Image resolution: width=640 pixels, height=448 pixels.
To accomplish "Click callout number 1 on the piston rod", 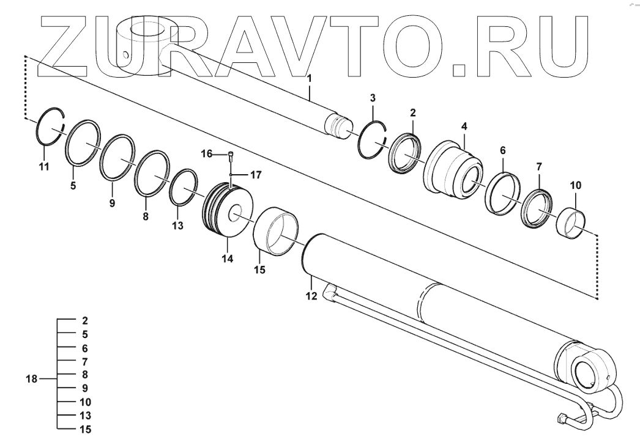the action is coord(310,78).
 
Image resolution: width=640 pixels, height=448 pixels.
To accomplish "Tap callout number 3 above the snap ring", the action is coord(373,98).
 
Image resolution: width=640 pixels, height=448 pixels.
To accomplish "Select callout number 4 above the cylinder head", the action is coord(464,127).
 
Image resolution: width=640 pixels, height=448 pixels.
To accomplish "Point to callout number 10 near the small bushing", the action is coord(576,185).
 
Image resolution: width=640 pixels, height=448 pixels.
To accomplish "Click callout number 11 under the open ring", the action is coord(43,166).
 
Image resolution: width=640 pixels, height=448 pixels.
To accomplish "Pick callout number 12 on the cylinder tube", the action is coord(311,296).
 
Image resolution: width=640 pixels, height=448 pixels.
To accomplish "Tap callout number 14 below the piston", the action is coord(227,259).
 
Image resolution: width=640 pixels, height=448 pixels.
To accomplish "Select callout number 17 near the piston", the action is coord(256,175).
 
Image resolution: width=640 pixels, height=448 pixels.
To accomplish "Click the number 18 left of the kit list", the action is coord(31,380).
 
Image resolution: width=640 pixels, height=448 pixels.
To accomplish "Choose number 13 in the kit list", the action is coord(86,416).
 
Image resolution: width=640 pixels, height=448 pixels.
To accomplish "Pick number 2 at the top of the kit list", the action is coord(85,320).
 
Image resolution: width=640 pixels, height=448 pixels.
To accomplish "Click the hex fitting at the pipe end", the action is coord(562,420).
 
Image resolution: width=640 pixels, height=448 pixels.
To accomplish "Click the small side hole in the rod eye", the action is coord(125,55).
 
